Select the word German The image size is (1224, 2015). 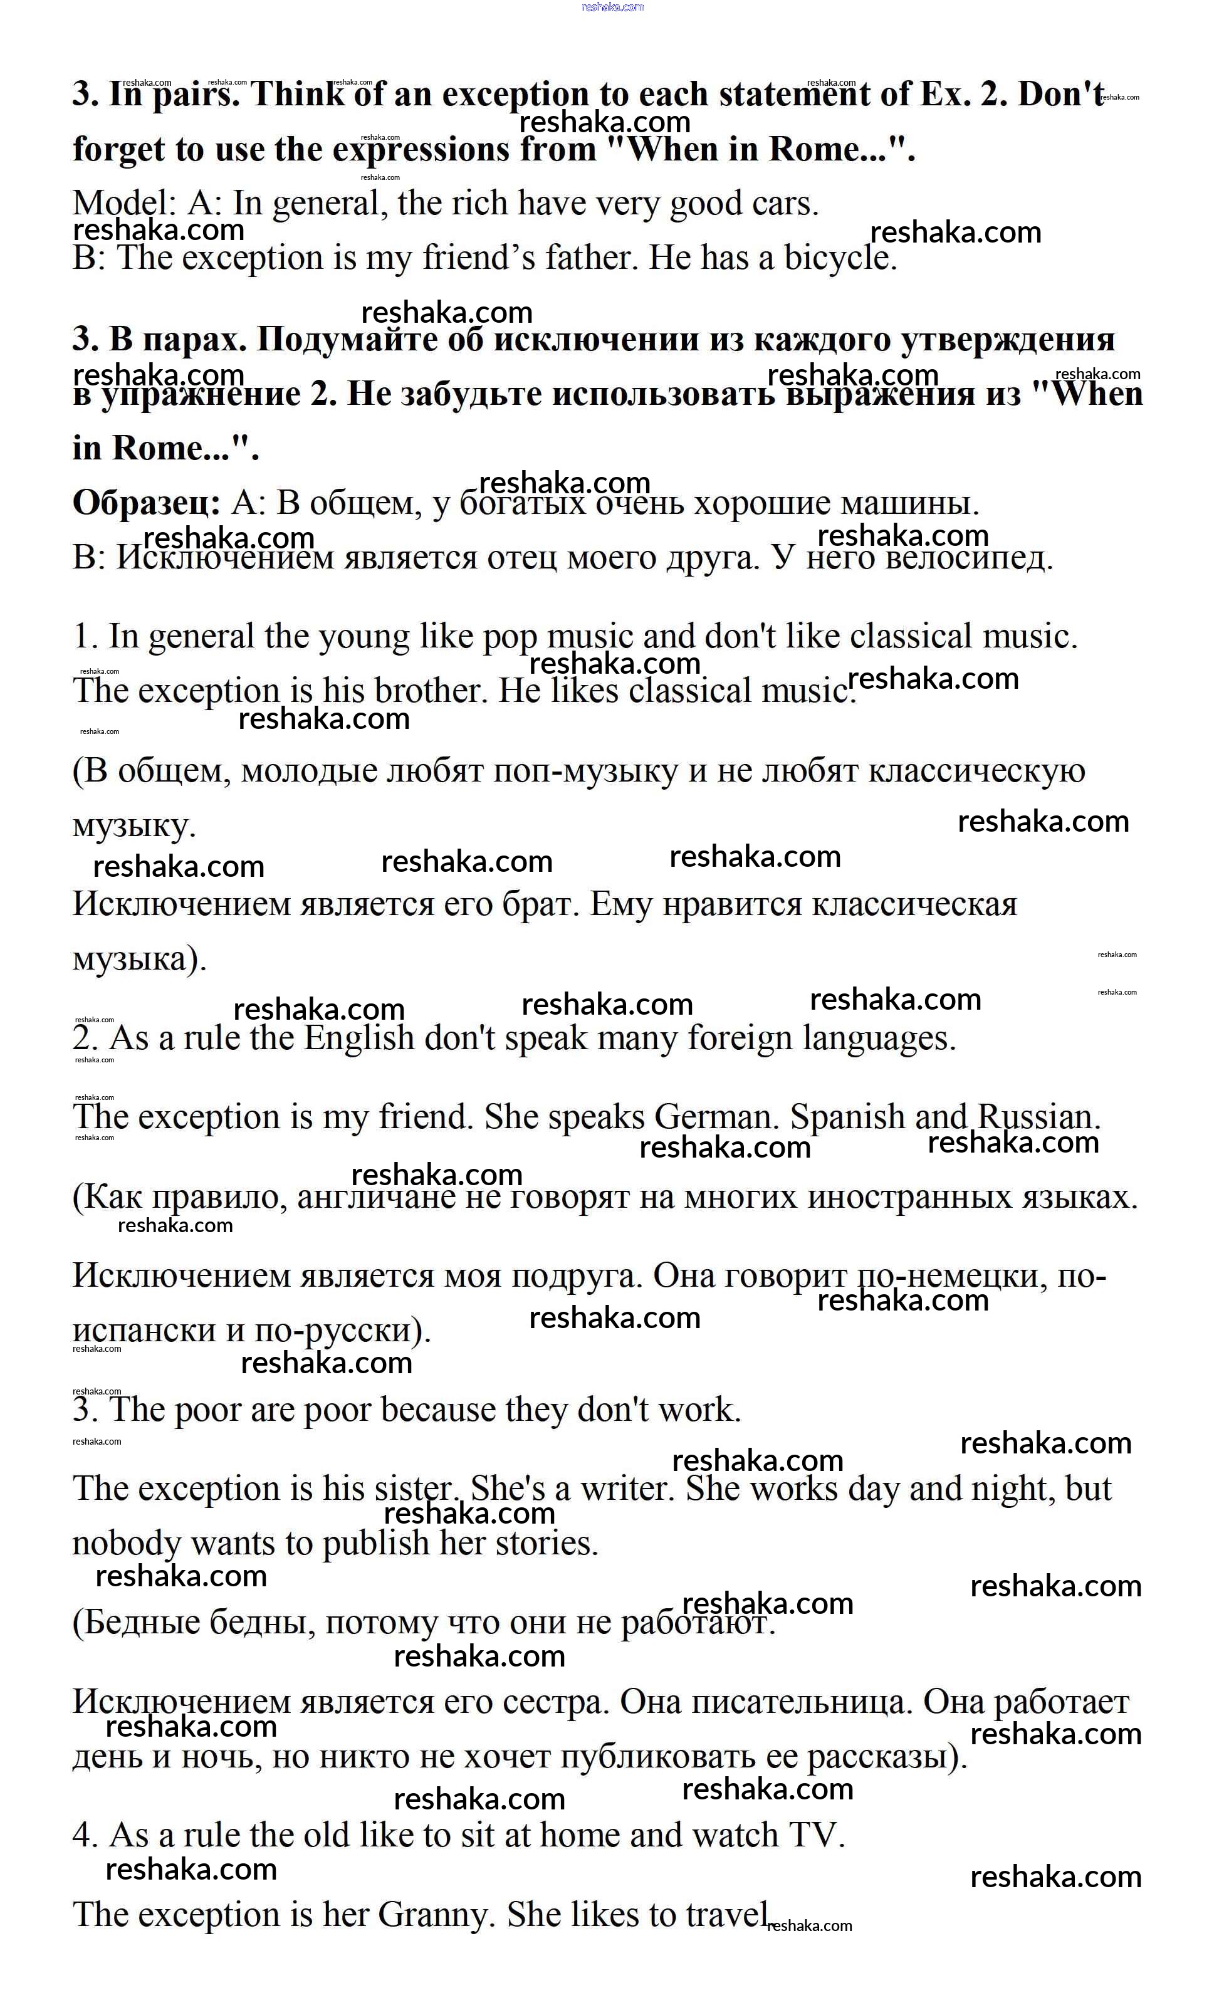coord(717,1117)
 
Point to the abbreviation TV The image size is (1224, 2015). coord(815,1835)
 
